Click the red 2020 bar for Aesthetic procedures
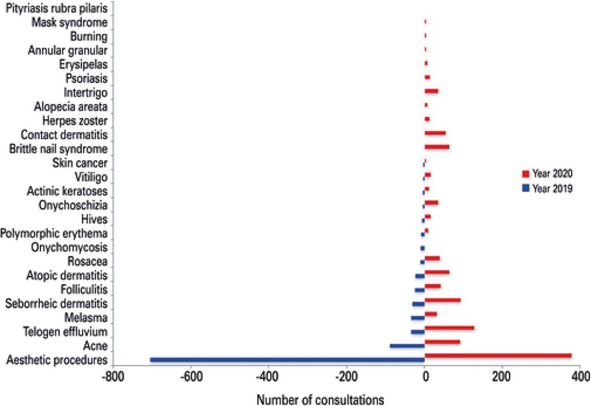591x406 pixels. pos(498,356)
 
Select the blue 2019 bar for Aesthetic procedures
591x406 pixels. pos(287,360)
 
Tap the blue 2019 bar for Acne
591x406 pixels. pos(407,346)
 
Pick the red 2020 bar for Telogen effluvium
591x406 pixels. pos(449,327)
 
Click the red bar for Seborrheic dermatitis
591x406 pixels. pos(442,300)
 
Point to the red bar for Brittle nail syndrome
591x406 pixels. pos(436,147)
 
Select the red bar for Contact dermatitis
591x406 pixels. pos(435,133)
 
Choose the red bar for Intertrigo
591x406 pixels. pos(431,91)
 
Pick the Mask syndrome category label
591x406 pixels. pos(69,23)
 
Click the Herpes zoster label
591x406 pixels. pos(74,121)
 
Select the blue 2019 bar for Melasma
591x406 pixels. pos(417,318)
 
